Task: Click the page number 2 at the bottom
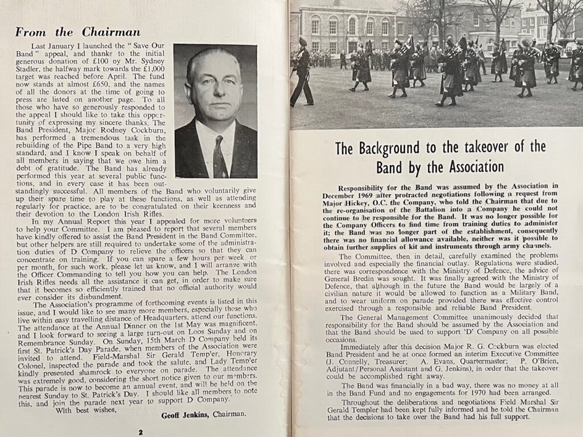pos(141,431)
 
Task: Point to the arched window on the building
pos(352,26)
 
